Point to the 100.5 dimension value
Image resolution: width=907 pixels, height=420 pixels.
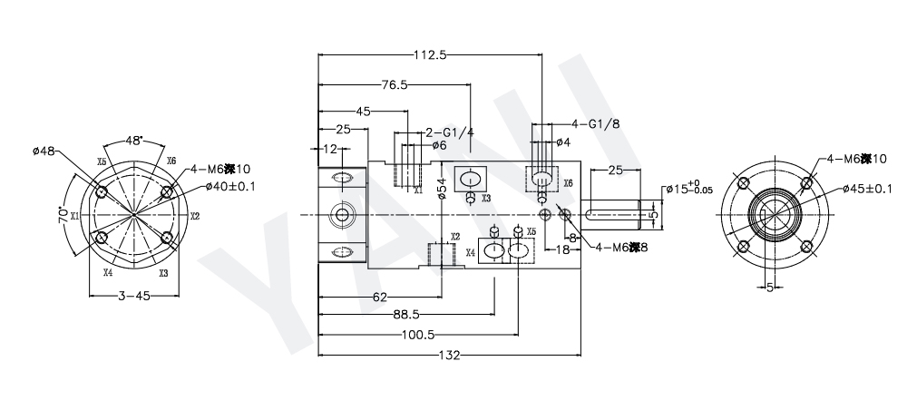click(416, 336)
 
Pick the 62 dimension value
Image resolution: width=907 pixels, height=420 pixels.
click(380, 297)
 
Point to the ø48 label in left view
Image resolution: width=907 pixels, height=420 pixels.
click(44, 151)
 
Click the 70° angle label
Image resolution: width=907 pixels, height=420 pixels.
click(63, 219)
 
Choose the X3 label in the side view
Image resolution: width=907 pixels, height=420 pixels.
click(486, 198)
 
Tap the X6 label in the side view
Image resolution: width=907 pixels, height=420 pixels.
click(568, 183)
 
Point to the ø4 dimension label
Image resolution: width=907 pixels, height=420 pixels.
click(562, 142)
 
